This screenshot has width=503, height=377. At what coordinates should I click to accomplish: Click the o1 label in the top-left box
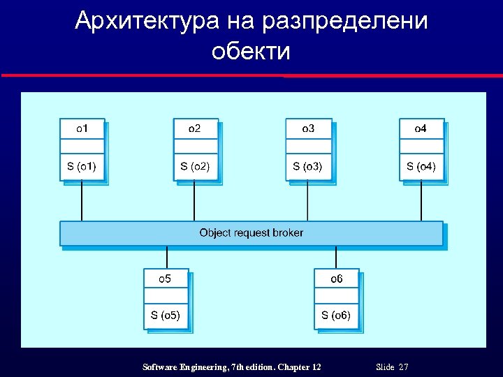pyautogui.click(x=82, y=128)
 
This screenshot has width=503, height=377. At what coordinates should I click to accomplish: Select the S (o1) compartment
pyautogui.click(x=82, y=166)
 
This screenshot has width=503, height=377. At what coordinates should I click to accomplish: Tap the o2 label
pyautogui.click(x=195, y=128)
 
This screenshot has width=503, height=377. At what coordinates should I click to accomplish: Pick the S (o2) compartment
pyautogui.click(x=195, y=166)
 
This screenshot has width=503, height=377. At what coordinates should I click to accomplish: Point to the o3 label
pyautogui.click(x=308, y=128)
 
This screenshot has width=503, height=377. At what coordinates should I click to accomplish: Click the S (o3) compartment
pyautogui.click(x=308, y=166)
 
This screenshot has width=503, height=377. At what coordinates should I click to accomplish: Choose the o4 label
pyautogui.click(x=421, y=128)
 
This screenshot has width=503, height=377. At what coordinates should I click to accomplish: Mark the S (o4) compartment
pyautogui.click(x=421, y=166)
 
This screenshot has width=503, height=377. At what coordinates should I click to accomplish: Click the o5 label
pyautogui.click(x=166, y=279)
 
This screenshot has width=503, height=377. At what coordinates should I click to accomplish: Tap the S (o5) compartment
pyautogui.click(x=166, y=316)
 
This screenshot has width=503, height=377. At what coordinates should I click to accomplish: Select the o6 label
pyautogui.click(x=337, y=279)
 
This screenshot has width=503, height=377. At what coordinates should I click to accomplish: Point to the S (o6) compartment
pyautogui.click(x=337, y=316)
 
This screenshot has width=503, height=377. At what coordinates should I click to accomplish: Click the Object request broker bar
pyautogui.click(x=251, y=232)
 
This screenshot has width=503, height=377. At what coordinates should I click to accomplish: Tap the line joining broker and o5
pyautogui.click(x=166, y=257)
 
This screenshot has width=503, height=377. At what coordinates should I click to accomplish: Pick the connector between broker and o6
pyautogui.click(x=337, y=257)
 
